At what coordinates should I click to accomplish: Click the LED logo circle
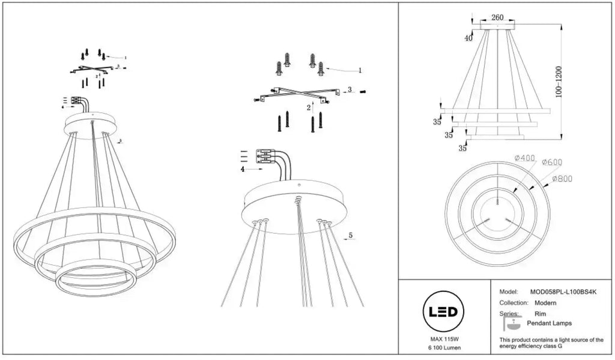[x=443, y=312]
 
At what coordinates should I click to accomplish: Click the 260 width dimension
[x=497, y=17]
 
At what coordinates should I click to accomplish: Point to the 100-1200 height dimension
[x=559, y=82]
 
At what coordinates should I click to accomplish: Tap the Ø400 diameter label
[x=524, y=158]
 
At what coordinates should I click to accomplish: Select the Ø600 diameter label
[x=552, y=162]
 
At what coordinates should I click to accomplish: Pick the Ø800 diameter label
[x=562, y=178]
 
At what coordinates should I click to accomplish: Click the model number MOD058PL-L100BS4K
[x=563, y=292]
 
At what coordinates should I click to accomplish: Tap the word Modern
[x=545, y=303]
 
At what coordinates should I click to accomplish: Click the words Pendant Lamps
[x=549, y=323]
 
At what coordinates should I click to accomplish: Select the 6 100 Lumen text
[x=444, y=348]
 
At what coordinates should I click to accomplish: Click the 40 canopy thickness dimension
[x=468, y=38]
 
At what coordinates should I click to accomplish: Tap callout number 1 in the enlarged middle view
[x=360, y=71]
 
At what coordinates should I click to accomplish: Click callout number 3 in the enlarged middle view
[x=350, y=90]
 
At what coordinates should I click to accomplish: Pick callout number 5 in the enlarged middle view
[x=351, y=236]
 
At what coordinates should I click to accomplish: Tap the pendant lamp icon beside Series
[x=512, y=323]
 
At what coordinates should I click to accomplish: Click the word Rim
[x=540, y=314]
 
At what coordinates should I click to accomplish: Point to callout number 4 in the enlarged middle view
[x=243, y=169]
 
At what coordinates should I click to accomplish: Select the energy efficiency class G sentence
[x=551, y=343]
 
